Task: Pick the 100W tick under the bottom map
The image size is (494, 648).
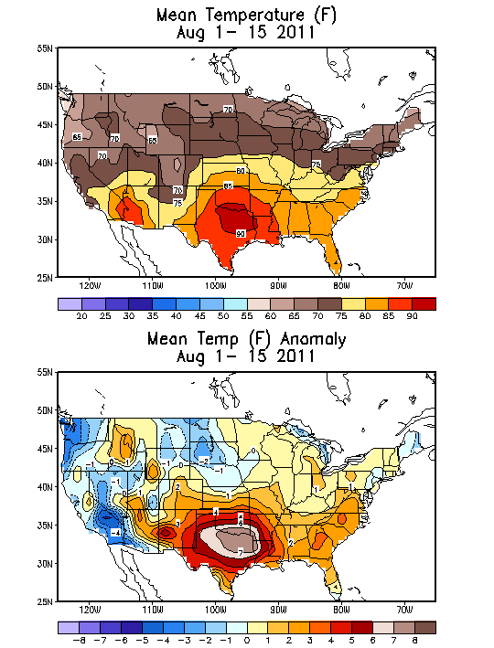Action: [216, 610]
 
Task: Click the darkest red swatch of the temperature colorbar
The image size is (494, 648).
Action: [423, 303]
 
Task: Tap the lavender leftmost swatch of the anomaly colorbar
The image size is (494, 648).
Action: [69, 628]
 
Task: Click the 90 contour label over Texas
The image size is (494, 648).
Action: [240, 234]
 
